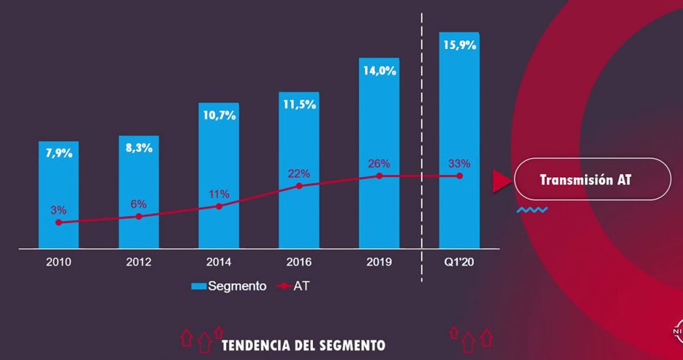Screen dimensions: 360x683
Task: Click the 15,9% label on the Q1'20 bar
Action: [459, 45]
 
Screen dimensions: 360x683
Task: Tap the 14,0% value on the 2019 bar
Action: [379, 71]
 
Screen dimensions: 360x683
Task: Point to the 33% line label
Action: [459, 163]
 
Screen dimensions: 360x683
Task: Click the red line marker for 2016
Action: [299, 186]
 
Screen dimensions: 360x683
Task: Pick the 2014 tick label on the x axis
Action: [219, 262]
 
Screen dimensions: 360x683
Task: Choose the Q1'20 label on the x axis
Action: [459, 262]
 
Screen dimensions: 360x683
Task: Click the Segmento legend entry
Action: [229, 286]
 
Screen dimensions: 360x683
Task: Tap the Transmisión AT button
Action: [585, 179]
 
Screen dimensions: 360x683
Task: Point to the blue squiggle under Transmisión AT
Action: [532, 210]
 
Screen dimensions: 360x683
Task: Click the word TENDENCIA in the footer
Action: [257, 343]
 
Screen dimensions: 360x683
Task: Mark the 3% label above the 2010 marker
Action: [58, 210]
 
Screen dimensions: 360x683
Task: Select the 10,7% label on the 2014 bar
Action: [219, 115]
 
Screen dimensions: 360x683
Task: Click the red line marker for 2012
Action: [139, 216]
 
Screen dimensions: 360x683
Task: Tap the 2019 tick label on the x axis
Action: [379, 262]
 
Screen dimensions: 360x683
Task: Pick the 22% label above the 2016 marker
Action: [299, 174]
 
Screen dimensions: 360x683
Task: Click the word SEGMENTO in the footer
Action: [351, 343]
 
